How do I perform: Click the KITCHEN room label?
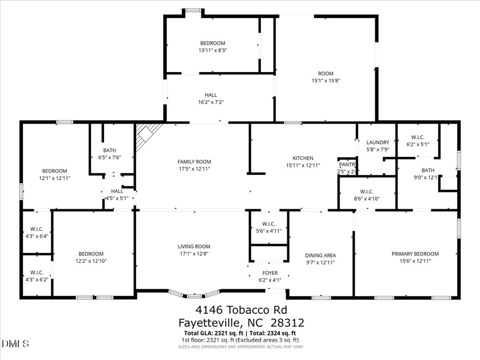[302, 158]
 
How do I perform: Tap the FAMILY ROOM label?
[194, 162]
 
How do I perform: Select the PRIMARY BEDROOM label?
[415, 254]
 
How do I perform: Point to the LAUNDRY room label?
[378, 142]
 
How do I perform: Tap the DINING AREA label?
[320, 255]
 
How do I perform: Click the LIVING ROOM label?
[194, 246]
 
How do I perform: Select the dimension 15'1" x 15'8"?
[326, 81]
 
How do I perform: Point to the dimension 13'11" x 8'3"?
[213, 51]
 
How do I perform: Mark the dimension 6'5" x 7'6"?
[110, 157]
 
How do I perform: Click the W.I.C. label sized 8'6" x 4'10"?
[366, 199]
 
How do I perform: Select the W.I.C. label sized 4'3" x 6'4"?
[37, 236]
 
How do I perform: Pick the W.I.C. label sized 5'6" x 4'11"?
[269, 231]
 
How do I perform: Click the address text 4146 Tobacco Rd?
[240, 310]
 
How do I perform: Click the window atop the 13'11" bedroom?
[194, 10]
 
